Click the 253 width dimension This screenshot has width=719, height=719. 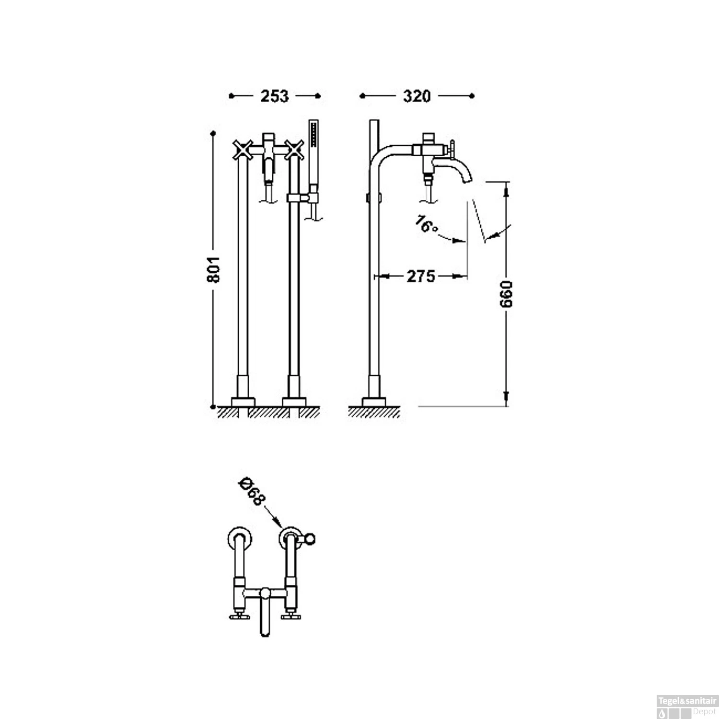(x=275, y=96)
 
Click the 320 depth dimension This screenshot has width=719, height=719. (x=417, y=96)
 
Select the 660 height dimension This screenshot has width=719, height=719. (x=506, y=294)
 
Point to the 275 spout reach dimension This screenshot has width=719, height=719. (x=421, y=276)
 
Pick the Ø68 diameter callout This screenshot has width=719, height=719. (x=251, y=491)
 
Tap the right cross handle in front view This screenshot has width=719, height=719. (x=294, y=150)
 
